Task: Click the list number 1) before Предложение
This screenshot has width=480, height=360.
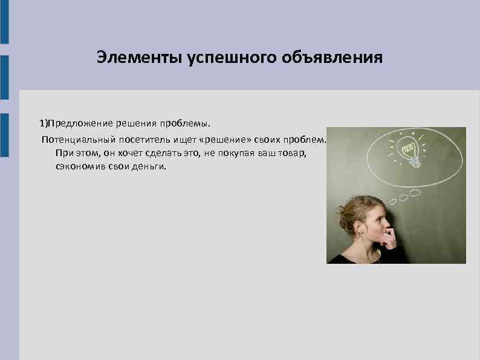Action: click(x=44, y=123)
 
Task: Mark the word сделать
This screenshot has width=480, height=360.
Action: click(x=158, y=153)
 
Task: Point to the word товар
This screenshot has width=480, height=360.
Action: click(x=293, y=153)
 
